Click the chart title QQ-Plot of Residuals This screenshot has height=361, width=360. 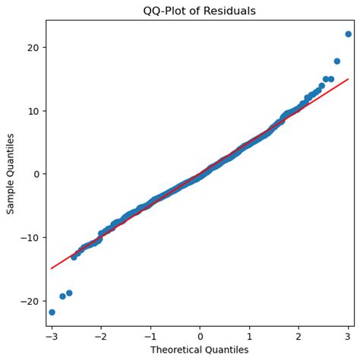pos(200,11)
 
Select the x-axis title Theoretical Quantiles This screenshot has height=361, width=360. pos(200,350)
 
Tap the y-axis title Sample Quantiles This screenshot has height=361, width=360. pos(11,173)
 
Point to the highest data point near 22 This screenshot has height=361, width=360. pos(348,34)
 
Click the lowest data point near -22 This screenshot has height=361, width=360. pos(52,312)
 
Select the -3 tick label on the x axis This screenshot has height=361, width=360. pos(50,335)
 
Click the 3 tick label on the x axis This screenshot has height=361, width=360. pos(348,335)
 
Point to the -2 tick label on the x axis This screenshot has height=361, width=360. pos(99,335)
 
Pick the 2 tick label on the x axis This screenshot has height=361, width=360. pos(298,335)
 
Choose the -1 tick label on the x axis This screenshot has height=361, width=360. pos(149,335)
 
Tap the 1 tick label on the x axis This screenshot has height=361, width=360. pos(249,335)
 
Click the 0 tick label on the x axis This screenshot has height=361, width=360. pos(200,335)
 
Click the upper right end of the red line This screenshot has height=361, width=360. pos(348,79)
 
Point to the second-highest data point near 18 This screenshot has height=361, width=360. pos(336,62)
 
